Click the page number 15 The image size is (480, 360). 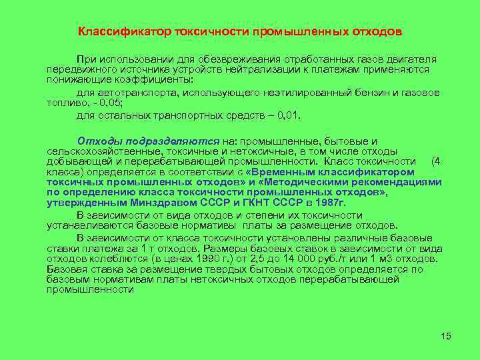pos(446,336)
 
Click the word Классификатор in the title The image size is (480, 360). pos(125,32)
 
